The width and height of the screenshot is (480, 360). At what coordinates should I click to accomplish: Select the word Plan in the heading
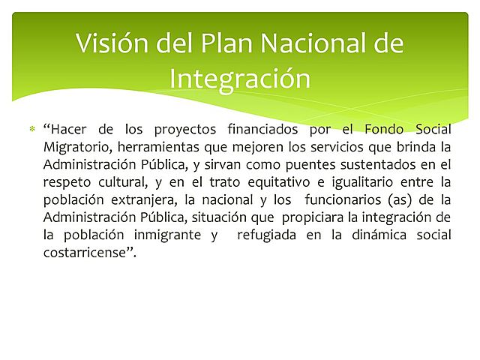click(223, 43)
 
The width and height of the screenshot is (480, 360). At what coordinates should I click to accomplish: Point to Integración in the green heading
click(240, 78)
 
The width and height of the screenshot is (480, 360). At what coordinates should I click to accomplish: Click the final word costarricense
click(88, 251)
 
